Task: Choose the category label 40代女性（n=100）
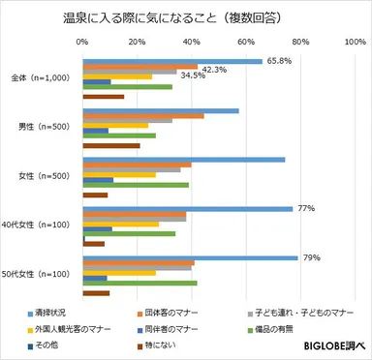(x=40, y=225)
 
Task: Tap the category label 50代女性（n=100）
(x=40, y=275)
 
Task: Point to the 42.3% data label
(x=214, y=69)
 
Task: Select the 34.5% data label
(x=194, y=75)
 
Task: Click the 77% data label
(x=305, y=208)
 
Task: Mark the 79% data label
(x=311, y=257)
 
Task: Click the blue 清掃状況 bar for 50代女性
(x=190, y=257)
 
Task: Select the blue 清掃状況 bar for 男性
(x=161, y=110)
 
